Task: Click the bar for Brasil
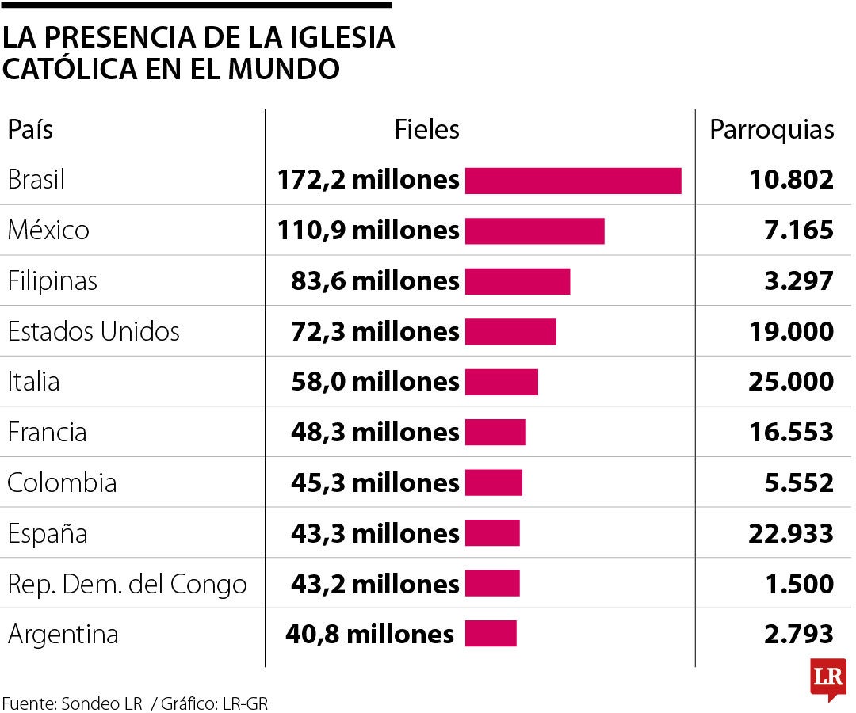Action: click(572, 181)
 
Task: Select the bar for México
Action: click(534, 231)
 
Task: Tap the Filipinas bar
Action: click(517, 281)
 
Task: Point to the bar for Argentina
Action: click(490, 634)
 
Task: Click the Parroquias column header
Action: click(771, 130)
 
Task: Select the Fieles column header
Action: click(426, 130)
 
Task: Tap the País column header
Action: click(30, 130)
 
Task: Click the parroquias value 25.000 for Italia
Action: click(790, 382)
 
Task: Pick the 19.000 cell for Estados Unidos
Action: click(791, 331)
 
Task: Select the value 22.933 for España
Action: click(790, 533)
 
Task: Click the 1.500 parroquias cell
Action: click(800, 584)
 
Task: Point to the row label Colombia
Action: click(62, 482)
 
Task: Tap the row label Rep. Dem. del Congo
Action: click(127, 585)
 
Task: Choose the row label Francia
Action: click(47, 433)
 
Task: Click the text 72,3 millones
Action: click(375, 331)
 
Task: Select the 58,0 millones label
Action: click(375, 382)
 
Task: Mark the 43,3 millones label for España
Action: click(375, 533)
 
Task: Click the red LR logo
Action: click(827, 678)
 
